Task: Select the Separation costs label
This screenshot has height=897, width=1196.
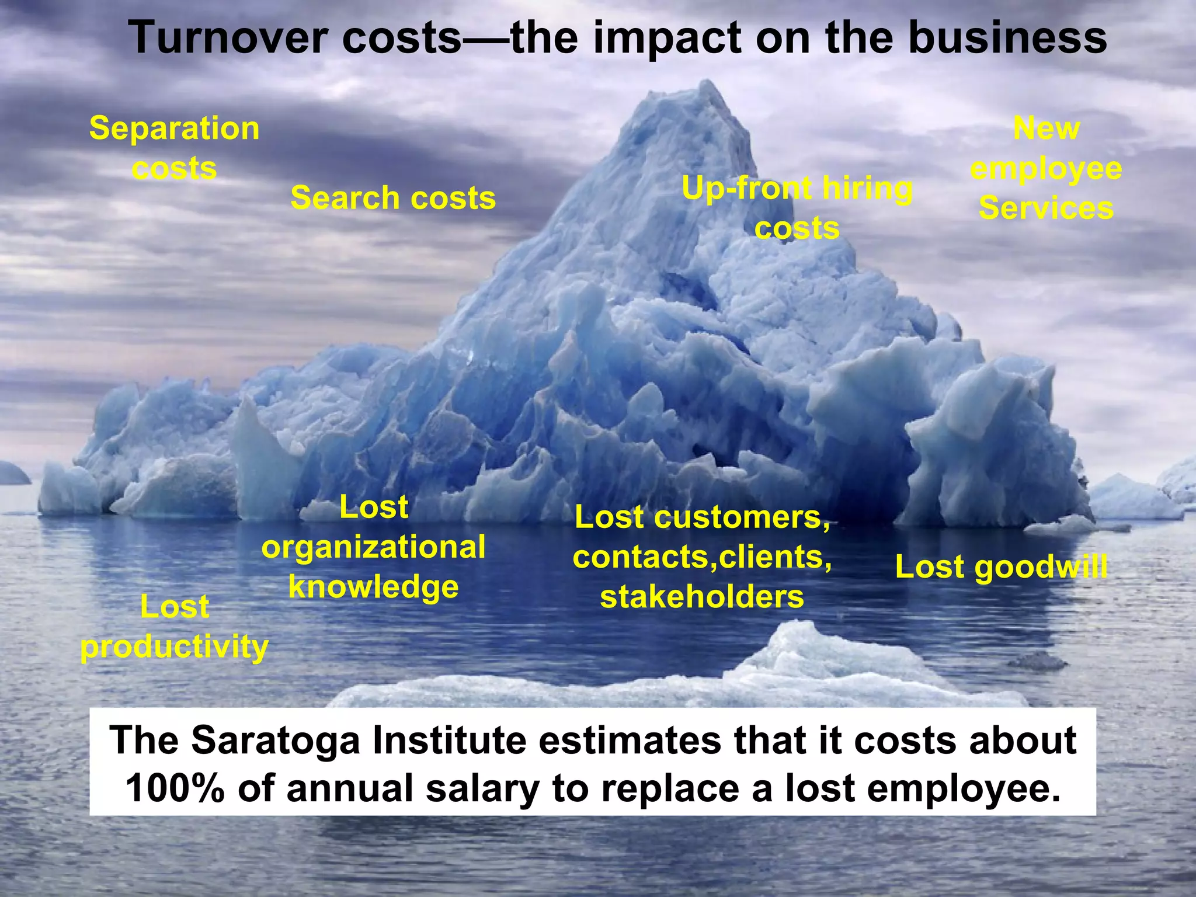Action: [174, 148]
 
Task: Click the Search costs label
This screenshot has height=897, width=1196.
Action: [393, 198]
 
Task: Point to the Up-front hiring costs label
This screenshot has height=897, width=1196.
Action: [797, 208]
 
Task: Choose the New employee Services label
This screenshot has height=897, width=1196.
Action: [1046, 168]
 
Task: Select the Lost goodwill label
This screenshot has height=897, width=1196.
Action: [1001, 567]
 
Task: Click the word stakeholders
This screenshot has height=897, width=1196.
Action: [702, 597]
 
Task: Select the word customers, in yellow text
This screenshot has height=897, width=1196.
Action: [742, 517]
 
